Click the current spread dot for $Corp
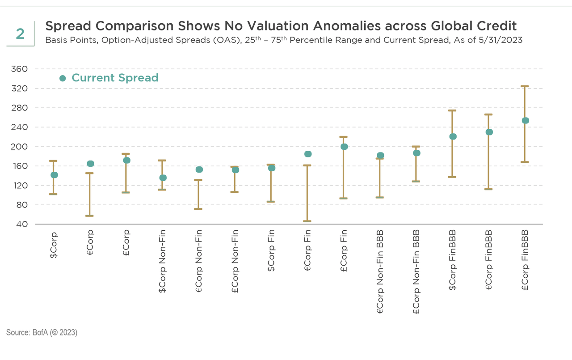click(x=54, y=175)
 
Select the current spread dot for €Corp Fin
click(x=308, y=154)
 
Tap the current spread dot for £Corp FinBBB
click(x=526, y=120)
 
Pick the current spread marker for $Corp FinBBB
click(x=453, y=136)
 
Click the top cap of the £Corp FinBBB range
click(x=526, y=86)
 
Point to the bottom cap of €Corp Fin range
click(x=307, y=221)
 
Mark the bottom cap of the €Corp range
click(x=90, y=216)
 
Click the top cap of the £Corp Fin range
click(x=344, y=137)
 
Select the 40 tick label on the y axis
click(x=21, y=224)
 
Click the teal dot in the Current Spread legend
click(x=63, y=78)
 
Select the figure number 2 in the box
click(x=20, y=34)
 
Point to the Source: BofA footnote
click(x=42, y=333)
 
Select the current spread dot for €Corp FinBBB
click(x=489, y=132)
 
